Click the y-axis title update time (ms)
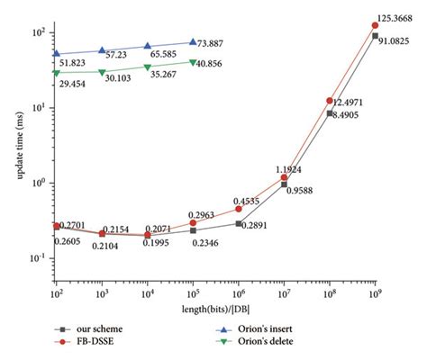pyautogui.click(x=17, y=153)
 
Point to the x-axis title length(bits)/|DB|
pyautogui.click(x=217, y=310)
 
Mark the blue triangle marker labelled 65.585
pyautogui.click(x=148, y=46)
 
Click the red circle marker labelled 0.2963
pyautogui.click(x=193, y=222)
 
